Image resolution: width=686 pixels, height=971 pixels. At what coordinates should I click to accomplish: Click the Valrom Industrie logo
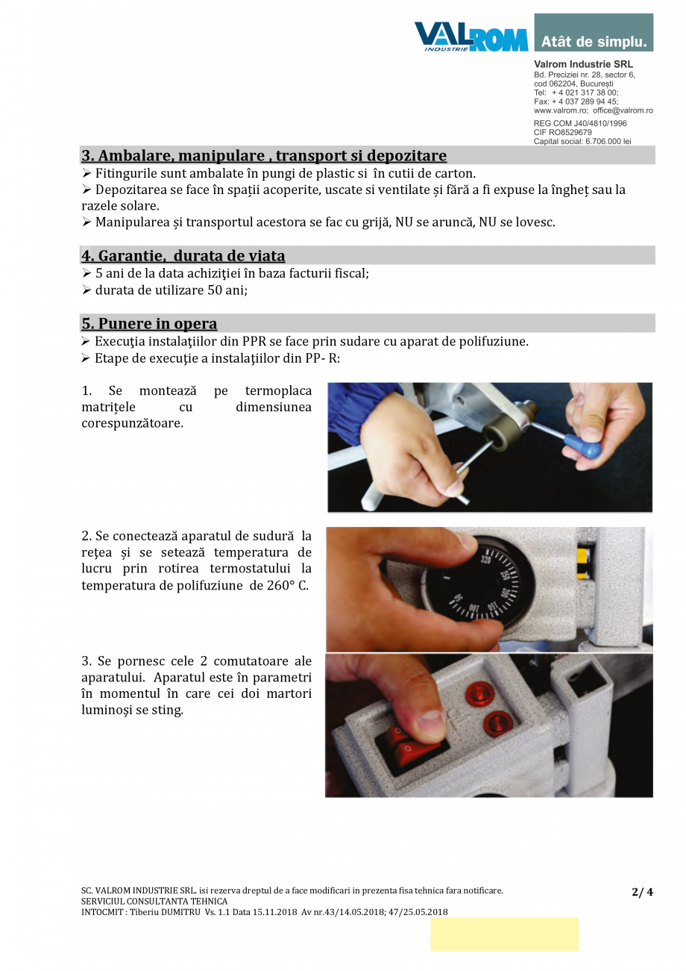tap(471, 36)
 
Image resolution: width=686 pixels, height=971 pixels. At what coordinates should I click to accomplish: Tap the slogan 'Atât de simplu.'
tap(594, 42)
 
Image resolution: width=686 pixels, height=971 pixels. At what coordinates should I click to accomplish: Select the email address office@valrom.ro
tap(623, 110)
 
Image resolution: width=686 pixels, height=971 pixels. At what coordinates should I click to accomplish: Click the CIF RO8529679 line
tap(563, 132)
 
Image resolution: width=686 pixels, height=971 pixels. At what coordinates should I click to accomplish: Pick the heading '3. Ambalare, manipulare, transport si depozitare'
tap(264, 156)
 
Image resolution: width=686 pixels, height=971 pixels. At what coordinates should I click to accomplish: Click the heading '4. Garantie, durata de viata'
tap(183, 256)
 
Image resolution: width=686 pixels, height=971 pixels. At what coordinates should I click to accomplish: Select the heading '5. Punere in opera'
tap(149, 324)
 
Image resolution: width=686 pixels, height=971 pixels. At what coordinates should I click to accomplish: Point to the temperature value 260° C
tap(287, 585)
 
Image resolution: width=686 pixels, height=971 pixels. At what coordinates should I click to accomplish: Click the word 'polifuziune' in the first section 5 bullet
tap(496, 342)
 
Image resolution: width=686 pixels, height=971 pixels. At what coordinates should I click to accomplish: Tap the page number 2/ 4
tap(642, 892)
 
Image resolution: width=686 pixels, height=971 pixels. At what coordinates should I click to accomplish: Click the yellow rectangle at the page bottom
tap(504, 934)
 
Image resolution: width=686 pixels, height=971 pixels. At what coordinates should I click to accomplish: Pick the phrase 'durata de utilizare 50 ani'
tap(171, 290)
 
